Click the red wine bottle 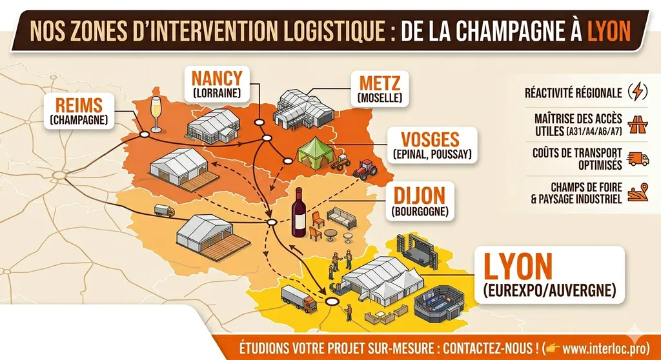[299, 212]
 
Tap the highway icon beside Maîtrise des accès [637, 125]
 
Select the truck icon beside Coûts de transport [637, 158]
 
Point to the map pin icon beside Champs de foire [637, 192]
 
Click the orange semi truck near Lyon [299, 299]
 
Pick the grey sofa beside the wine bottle [341, 217]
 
